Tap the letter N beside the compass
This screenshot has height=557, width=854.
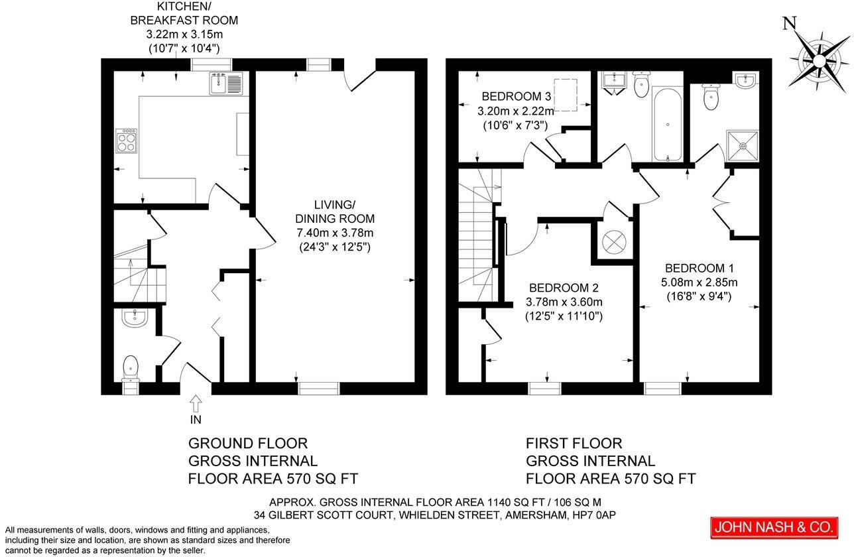click(x=789, y=24)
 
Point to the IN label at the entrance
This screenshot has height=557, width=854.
click(x=196, y=419)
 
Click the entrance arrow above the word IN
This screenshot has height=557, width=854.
click(x=196, y=401)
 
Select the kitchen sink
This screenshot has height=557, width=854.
click(x=227, y=82)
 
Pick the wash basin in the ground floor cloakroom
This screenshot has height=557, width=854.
click(x=135, y=319)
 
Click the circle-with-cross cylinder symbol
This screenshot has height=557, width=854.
click(x=613, y=241)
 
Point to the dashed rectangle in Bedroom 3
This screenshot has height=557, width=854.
click(x=565, y=93)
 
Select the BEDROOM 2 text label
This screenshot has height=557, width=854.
click(x=564, y=288)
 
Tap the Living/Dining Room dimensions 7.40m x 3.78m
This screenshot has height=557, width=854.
click(x=335, y=233)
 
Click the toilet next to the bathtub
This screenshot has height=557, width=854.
click(x=640, y=85)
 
